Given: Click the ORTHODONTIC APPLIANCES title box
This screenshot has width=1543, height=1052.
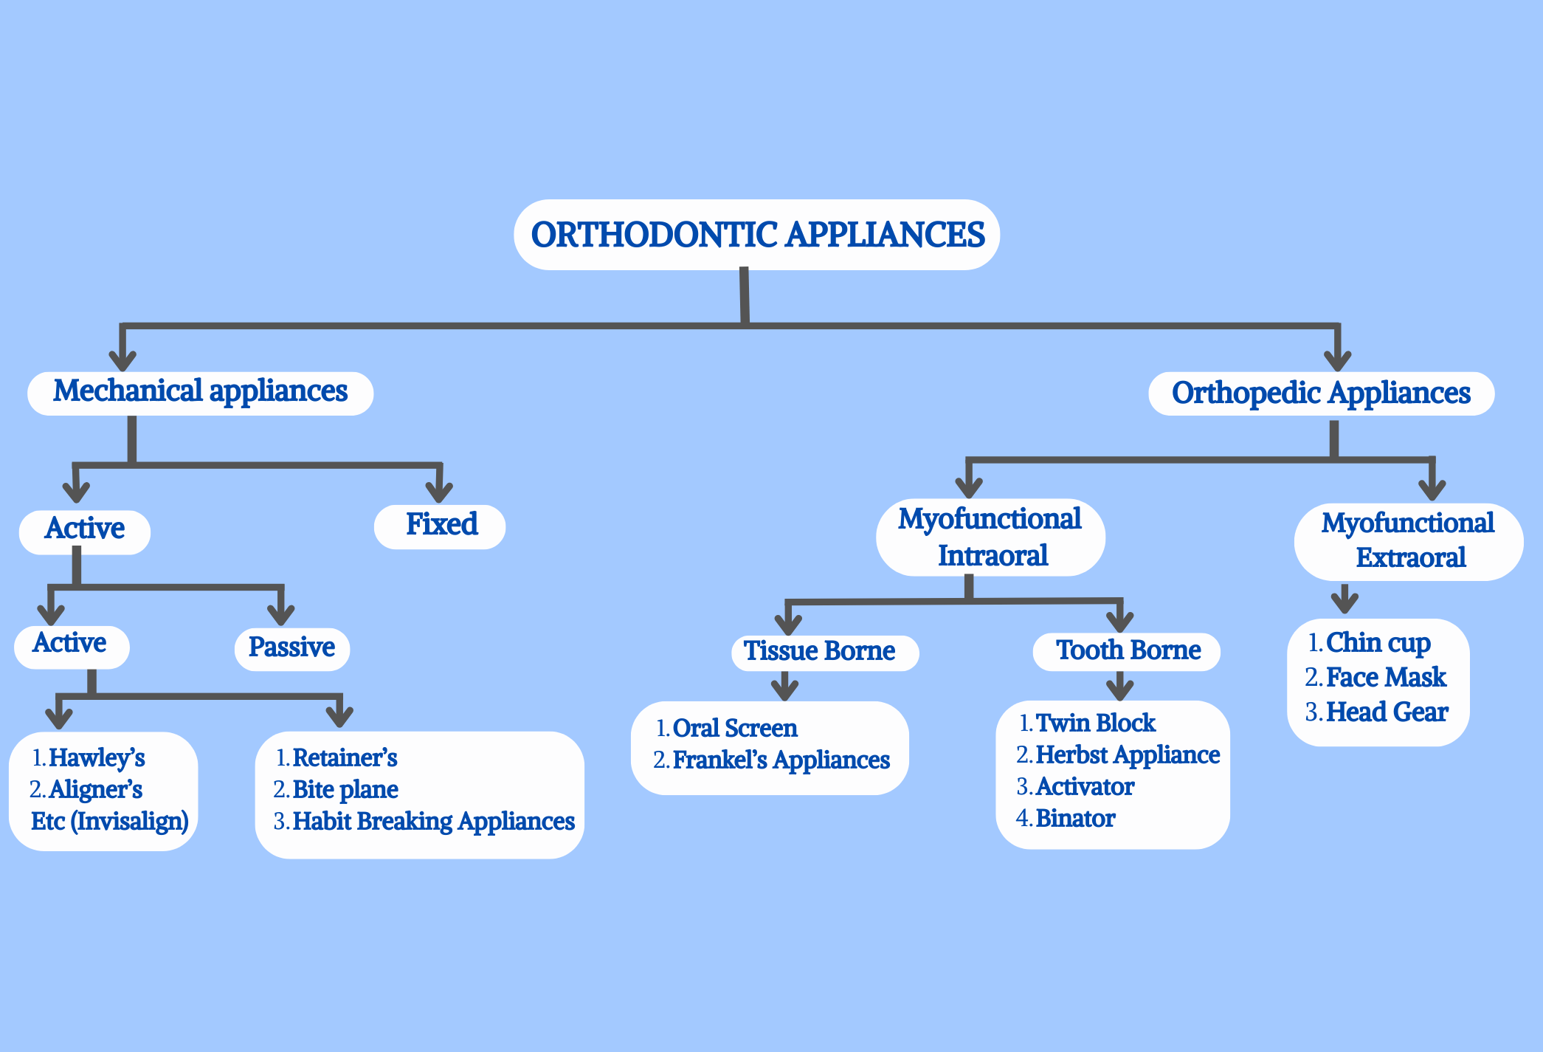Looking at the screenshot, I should point(757,235).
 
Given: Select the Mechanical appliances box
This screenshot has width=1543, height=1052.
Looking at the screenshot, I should point(200,392).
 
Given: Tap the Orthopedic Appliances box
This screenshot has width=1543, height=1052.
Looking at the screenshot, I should point(1321,393).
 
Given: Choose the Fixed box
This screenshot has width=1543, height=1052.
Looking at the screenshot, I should point(441,525).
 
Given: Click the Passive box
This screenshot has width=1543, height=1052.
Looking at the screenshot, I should point(291,648).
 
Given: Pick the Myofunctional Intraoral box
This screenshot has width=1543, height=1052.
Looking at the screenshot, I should point(990,537).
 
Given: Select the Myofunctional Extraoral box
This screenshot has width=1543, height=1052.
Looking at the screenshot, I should point(1408,540).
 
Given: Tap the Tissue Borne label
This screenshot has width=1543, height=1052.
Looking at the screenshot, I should point(820,651).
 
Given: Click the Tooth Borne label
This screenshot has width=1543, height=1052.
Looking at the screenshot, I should point(1128,650).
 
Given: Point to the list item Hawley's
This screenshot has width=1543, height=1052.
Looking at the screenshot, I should point(97,757).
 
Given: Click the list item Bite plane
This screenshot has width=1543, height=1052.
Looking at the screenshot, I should point(345,789).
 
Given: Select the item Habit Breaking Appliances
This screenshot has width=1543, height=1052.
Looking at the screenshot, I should point(434,821).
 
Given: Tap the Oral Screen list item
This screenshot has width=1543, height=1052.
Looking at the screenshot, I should point(735,728).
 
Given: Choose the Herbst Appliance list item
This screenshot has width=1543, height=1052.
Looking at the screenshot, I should point(1128,754).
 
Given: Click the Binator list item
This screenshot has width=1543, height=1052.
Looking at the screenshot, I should point(1075,818).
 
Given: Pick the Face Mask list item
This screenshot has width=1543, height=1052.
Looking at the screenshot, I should point(1386,677).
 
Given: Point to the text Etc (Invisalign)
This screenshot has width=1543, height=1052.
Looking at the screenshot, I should point(110,821).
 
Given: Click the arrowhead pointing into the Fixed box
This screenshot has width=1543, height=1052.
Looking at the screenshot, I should point(440,491).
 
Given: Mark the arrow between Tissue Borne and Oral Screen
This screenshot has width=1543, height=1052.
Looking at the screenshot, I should point(785,687).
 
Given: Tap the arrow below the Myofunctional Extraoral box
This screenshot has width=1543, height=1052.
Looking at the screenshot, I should point(1345,599).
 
